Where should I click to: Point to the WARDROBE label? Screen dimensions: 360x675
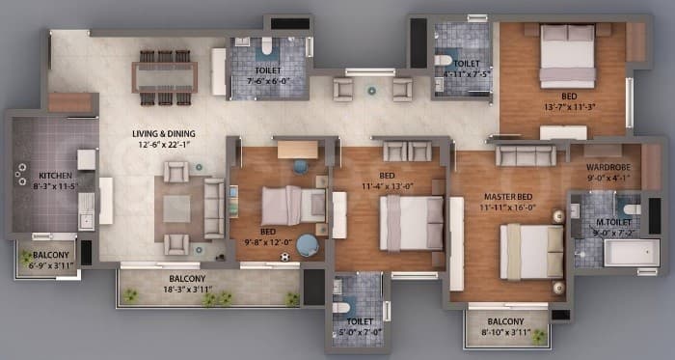coord(609,165)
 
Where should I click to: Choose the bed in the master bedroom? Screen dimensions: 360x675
coord(530,251)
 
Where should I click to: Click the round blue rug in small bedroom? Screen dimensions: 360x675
coord(308,245)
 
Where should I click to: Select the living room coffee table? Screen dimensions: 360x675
coord(176,208)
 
